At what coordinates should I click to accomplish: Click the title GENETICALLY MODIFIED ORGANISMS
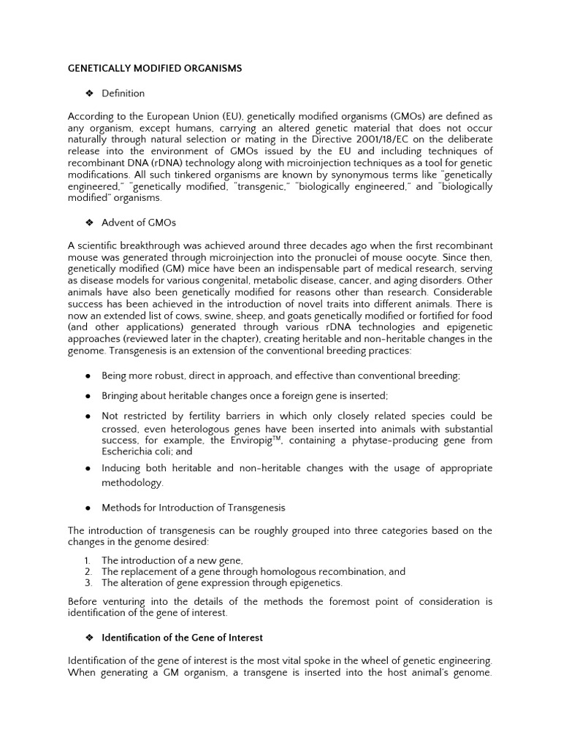point(154,68)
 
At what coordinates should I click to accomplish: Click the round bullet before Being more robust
point(87,375)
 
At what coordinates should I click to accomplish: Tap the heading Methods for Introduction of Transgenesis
point(193,508)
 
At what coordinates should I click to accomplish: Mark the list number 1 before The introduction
point(88,560)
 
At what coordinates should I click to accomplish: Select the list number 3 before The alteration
point(88,583)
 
